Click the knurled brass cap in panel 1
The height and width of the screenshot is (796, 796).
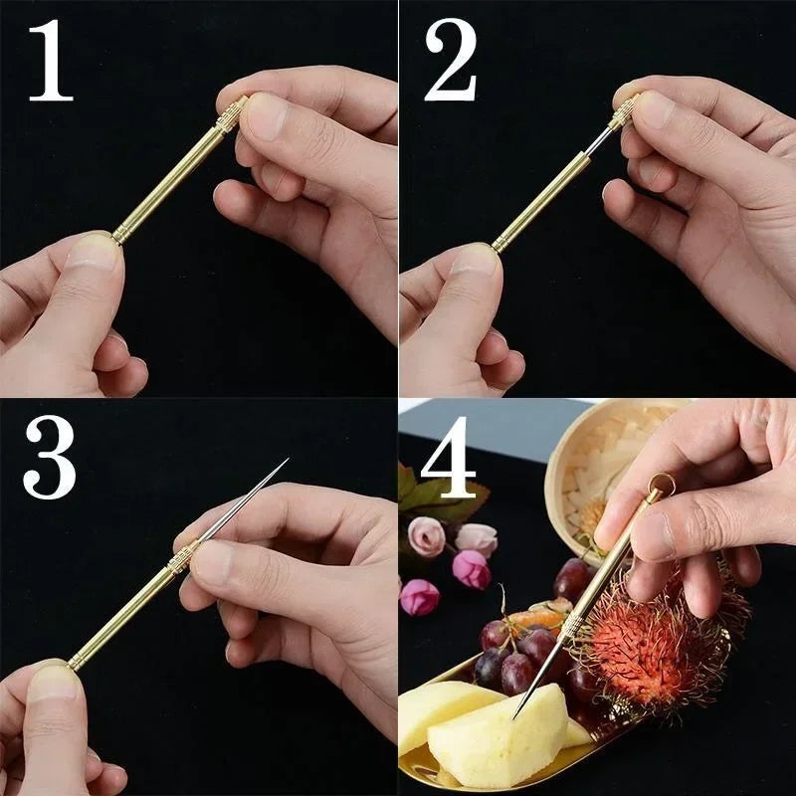[x=231, y=115]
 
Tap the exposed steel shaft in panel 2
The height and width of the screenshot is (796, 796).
[x=599, y=142]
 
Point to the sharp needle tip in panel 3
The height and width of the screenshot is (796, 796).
[x=285, y=463]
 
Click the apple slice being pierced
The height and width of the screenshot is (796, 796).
[x=497, y=736]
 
